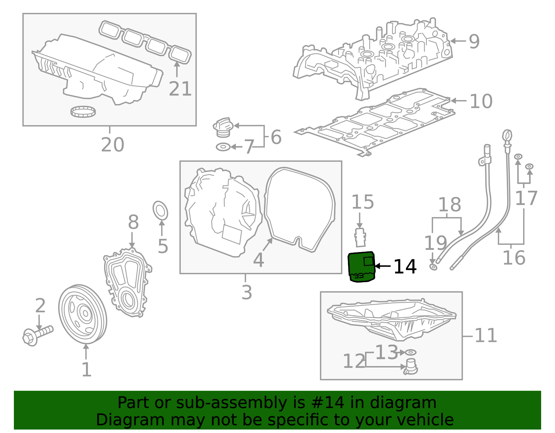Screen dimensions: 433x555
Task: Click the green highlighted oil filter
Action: pos(361,267)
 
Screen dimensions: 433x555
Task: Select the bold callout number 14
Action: pos(405,267)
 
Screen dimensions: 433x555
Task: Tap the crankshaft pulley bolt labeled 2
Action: pos(37,335)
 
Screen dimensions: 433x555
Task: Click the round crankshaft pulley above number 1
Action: pos(83,314)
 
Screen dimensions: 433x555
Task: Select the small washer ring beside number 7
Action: pos(223,147)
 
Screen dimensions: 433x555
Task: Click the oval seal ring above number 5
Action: pos(160,210)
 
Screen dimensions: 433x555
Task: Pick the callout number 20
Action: pos(112,145)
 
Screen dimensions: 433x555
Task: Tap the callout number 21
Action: pos(180,89)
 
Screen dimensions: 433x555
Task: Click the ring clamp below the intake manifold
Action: pos(83,112)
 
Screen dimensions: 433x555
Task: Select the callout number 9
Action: pos(474,41)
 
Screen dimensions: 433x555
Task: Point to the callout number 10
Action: pos(481,101)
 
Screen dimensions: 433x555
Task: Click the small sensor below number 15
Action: pos(360,237)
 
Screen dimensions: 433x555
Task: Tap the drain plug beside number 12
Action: pos(410,367)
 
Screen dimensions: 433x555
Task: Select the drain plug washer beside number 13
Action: pos(411,353)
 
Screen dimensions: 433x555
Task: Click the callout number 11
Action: pos(486,336)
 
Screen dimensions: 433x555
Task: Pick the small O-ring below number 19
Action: pos(433,267)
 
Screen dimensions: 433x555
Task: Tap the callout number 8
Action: pos(133,223)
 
